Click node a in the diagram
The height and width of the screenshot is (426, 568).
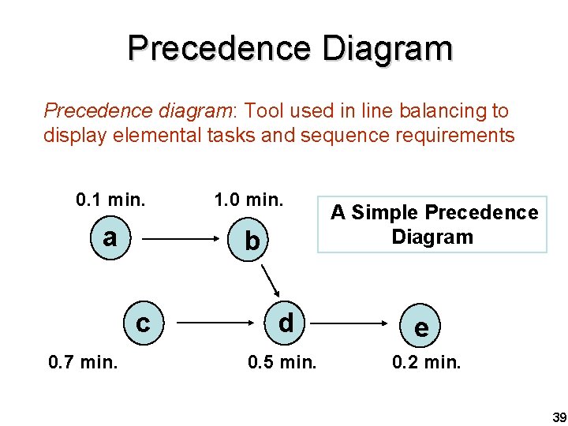coord(110,237)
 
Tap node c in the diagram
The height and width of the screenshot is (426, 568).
coord(143,323)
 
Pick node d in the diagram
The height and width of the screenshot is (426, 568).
coord(286,322)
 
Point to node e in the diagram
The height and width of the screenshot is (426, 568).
coord(422,327)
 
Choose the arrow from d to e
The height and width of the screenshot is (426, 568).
coord(353,323)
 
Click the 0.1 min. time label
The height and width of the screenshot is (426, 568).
coord(110,199)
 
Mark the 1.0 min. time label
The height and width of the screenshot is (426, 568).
coord(248,199)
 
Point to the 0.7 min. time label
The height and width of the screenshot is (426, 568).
coord(83,363)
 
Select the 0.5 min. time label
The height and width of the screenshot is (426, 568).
coord(282,363)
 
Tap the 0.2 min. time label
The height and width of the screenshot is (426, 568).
coord(426,363)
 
